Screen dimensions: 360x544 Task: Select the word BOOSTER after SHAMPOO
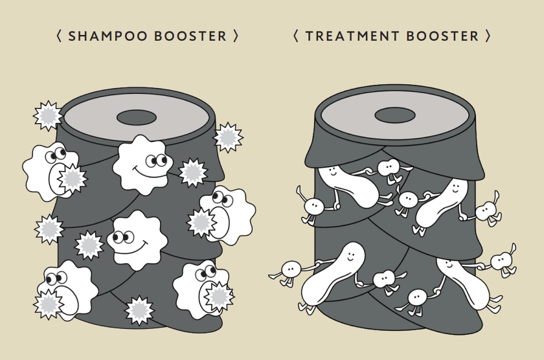[x=191, y=36]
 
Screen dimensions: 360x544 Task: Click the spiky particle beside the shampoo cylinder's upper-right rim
[x=228, y=137]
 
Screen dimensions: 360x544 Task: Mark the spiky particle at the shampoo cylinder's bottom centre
[x=139, y=310]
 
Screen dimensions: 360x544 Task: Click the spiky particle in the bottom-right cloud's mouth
[x=219, y=296]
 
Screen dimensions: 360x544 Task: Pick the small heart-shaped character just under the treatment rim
[x=388, y=169]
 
